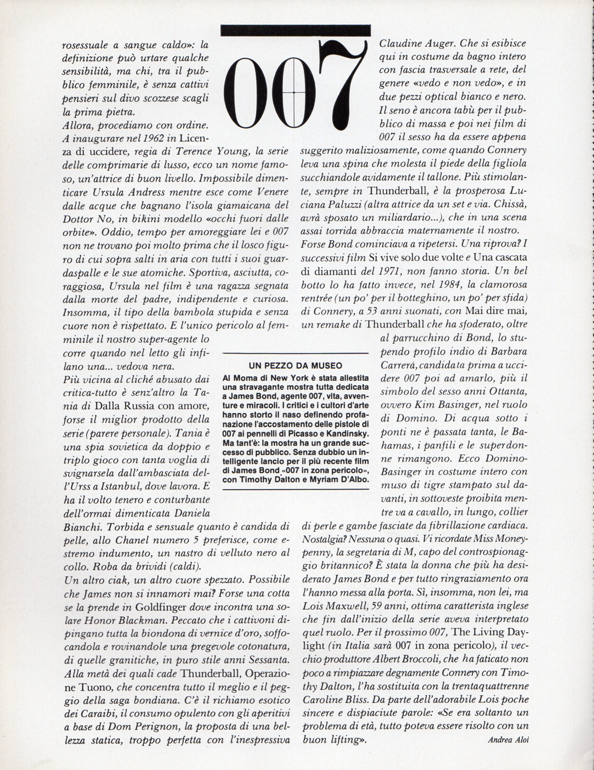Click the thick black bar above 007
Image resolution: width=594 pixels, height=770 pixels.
click(295, 30)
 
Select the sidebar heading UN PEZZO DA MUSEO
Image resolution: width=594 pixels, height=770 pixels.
click(295, 366)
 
